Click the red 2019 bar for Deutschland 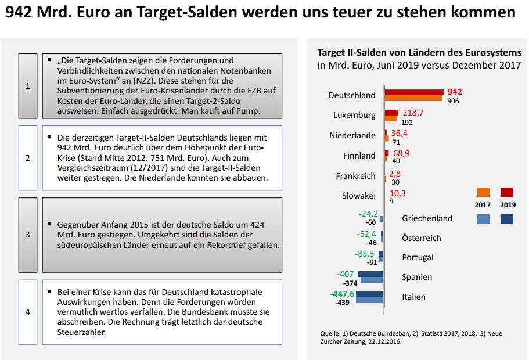coord(413,92)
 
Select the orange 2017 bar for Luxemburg coord(390,118)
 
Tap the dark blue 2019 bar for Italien coord(369,294)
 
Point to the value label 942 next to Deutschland coord(455,92)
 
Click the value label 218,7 coord(413,111)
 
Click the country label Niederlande coord(352,135)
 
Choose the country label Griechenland coord(427,218)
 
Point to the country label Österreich coord(422,238)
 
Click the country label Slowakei coord(358,196)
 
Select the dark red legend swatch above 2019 coord(508,193)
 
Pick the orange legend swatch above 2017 coord(483,193)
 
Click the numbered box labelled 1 coord(27,86)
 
